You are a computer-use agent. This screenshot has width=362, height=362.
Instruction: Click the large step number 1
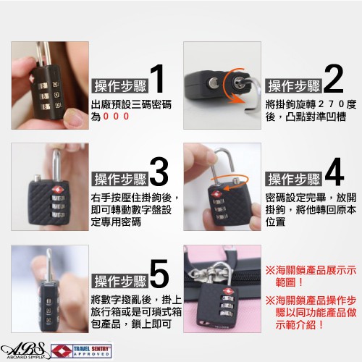click(x=157, y=79)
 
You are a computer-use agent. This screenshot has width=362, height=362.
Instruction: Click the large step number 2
click(x=334, y=79)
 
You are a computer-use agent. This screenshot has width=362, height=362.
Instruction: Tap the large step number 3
click(x=159, y=171)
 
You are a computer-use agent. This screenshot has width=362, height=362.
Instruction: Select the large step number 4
click(x=334, y=171)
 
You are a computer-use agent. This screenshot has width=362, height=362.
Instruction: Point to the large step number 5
click(x=159, y=274)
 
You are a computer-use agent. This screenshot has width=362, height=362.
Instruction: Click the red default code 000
click(x=116, y=117)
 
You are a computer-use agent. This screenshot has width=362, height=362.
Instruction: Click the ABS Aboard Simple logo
click(x=23, y=350)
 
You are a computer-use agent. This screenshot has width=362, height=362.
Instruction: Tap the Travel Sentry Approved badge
click(x=82, y=351)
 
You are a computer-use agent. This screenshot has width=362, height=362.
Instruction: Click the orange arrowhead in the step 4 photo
click(x=226, y=188)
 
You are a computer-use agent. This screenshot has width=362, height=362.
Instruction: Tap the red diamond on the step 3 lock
click(x=58, y=190)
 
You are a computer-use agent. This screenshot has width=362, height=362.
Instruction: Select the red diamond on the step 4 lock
click(x=216, y=194)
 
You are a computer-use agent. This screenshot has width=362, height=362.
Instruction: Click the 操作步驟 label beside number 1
click(x=120, y=85)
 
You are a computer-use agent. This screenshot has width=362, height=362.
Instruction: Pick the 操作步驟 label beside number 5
click(x=120, y=281)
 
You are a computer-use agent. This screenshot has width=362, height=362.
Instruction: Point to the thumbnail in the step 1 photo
click(x=75, y=118)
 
